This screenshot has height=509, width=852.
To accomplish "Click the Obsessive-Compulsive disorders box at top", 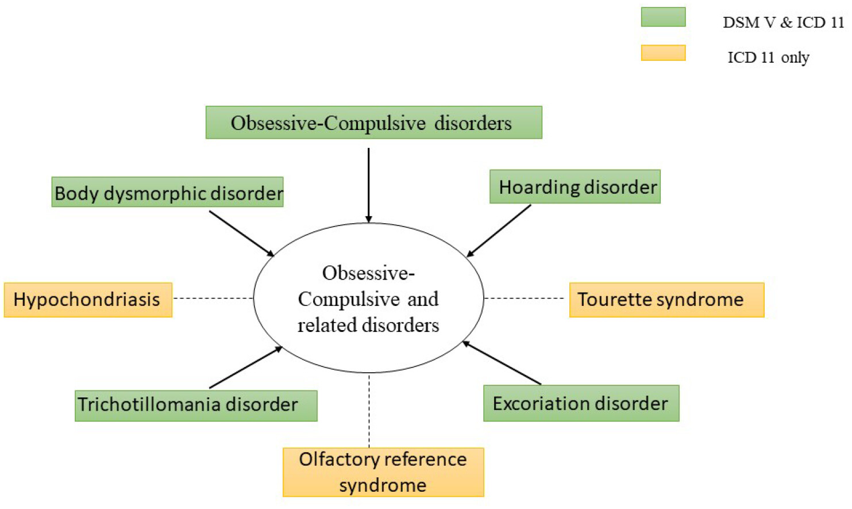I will click(373, 123).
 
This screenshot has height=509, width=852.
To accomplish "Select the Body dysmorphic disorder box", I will click(167, 192).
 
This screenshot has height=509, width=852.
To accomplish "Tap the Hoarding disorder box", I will click(575, 187).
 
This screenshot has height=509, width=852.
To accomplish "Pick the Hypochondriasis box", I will click(88, 300).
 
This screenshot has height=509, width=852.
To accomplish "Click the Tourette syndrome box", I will click(666, 300).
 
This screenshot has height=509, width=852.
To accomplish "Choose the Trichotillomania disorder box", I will click(196, 405).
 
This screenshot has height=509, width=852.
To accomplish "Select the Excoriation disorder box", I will click(581, 403).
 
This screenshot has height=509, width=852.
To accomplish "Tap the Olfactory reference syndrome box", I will click(383, 472).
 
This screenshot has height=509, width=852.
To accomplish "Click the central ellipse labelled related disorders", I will click(368, 298).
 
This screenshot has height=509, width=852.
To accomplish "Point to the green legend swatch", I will click(663, 17).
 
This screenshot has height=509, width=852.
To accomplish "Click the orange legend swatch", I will click(663, 53).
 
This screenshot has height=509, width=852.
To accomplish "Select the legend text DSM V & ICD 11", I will click(783, 22).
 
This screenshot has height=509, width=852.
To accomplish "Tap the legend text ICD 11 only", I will click(768, 58).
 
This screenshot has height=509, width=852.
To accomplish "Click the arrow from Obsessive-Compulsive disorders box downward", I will click(368, 184).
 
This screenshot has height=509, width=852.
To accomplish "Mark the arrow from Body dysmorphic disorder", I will click(241, 234).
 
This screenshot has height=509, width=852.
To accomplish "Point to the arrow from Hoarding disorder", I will click(499, 231).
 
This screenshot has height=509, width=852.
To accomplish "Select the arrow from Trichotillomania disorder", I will click(246, 368).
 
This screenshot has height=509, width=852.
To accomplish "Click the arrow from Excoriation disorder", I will click(502, 363).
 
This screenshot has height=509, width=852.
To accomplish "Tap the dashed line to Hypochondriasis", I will click(213, 298).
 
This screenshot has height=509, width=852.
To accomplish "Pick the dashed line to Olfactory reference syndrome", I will click(369, 411).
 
